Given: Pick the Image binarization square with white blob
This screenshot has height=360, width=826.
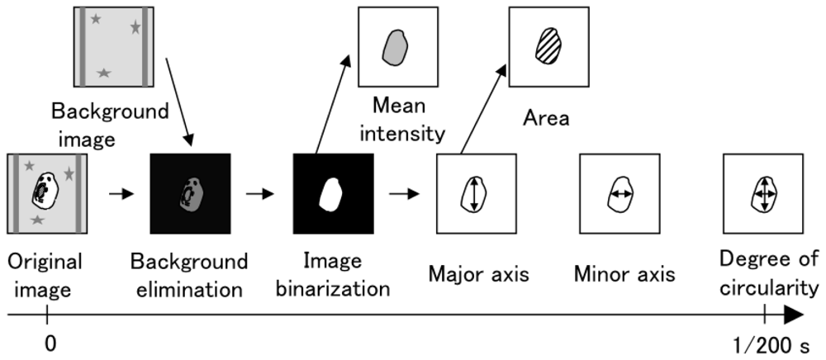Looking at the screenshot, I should click(x=333, y=194).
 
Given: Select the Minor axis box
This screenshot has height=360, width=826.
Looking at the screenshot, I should click(x=619, y=195).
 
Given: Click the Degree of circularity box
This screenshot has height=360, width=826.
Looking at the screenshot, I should click(x=763, y=195).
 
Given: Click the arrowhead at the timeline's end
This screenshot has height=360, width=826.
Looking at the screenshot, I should click(x=795, y=315).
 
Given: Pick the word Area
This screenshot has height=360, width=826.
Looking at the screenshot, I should click(x=546, y=118).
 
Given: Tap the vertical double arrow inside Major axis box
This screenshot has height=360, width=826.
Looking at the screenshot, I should click(x=473, y=195).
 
